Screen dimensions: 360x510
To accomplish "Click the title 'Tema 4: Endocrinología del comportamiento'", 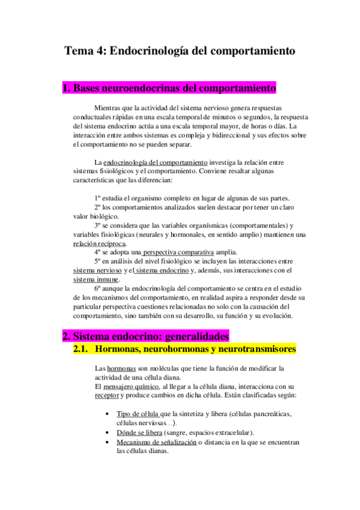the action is pyautogui.click(x=180, y=51).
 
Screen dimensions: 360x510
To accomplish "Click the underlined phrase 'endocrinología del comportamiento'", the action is pyautogui.click(x=156, y=163).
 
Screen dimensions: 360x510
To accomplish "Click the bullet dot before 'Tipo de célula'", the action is pyautogui.click(x=106, y=414).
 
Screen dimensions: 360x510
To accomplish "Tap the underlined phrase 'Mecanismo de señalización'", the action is pyautogui.click(x=156, y=442).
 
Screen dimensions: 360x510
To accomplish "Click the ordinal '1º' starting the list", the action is pyautogui.click(x=98, y=198).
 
